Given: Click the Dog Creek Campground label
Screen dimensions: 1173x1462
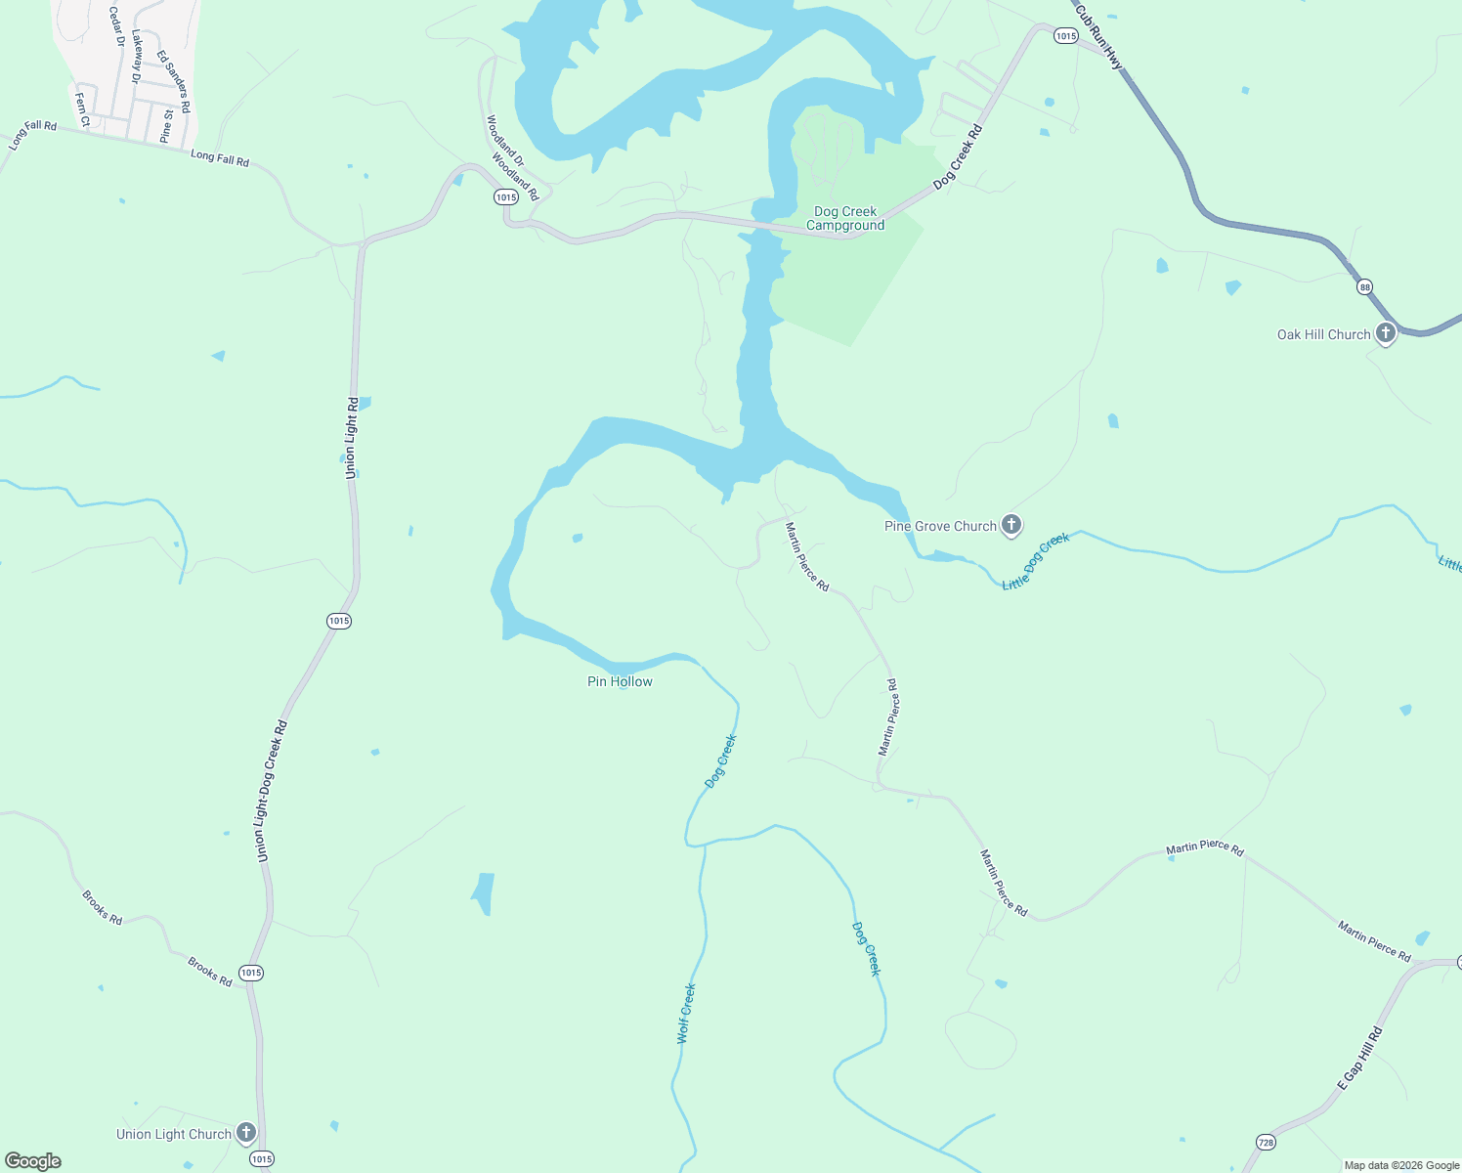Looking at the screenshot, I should click(x=845, y=218).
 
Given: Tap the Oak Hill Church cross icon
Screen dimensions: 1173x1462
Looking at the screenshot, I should click(x=1385, y=333).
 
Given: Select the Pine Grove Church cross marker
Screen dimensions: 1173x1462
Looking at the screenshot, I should click(x=1011, y=525).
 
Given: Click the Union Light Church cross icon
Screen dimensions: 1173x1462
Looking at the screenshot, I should click(x=245, y=1133).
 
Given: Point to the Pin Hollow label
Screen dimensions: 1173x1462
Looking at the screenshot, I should click(x=620, y=681).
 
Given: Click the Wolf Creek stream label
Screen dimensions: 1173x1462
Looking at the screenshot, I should click(x=687, y=1014).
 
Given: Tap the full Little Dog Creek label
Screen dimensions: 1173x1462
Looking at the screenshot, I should click(x=1036, y=561).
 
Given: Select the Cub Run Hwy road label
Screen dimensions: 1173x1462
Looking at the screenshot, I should click(x=1099, y=37).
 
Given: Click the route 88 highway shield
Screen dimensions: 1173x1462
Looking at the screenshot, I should click(x=1364, y=286).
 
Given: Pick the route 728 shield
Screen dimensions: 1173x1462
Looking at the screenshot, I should click(x=1266, y=1142).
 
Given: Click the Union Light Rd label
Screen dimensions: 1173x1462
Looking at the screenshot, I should click(x=352, y=437).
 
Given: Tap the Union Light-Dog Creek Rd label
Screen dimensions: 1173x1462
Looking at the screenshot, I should click(x=272, y=792).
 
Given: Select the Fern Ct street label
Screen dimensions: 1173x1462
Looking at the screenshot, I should click(x=83, y=109).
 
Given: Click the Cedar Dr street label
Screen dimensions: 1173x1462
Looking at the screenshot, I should click(x=116, y=27).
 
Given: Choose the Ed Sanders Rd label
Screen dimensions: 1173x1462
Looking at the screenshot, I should click(x=174, y=82).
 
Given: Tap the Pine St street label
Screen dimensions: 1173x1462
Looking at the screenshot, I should click(x=167, y=126).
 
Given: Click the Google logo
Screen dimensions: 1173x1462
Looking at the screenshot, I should click(x=33, y=1161).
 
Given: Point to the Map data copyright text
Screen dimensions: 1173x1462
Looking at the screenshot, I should click(x=1401, y=1165).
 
